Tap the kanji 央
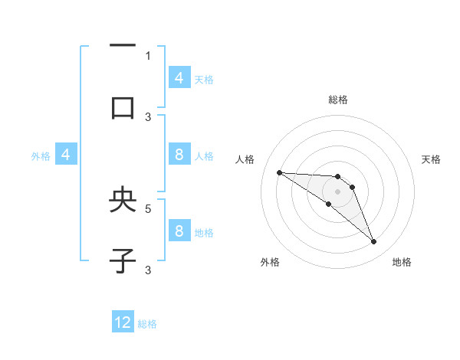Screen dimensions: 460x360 click(x=123, y=201)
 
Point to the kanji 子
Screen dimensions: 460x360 click(x=123, y=261)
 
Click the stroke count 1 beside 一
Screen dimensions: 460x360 click(x=148, y=55)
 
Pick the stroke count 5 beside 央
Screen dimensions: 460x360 click(x=148, y=208)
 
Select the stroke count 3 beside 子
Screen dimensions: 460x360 click(x=148, y=270)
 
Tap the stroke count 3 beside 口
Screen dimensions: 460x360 click(x=148, y=116)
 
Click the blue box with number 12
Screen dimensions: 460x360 click(x=123, y=322)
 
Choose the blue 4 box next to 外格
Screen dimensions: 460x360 click(x=66, y=155)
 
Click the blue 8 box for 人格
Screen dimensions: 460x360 click(x=179, y=155)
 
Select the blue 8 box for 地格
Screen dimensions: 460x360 click(x=179, y=231)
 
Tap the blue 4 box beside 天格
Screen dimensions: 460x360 click(x=179, y=78)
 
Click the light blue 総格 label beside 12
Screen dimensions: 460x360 click(x=148, y=324)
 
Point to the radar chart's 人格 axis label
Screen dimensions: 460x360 click(x=245, y=159)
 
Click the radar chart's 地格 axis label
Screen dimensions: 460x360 click(x=402, y=262)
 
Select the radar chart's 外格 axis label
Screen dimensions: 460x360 click(x=270, y=262)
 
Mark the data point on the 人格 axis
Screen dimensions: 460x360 click(x=279, y=172)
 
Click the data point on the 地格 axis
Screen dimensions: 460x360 click(x=374, y=242)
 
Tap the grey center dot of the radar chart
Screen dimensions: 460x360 click(x=337, y=191)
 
